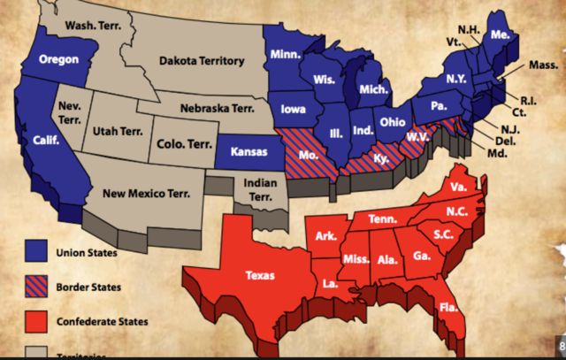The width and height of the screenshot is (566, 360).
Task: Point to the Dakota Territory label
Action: (x=203, y=61)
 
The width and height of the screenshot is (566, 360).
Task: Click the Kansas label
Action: (x=249, y=152)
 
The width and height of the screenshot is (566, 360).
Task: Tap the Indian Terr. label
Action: (x=258, y=188)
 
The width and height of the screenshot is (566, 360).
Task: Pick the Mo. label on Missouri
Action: (x=310, y=152)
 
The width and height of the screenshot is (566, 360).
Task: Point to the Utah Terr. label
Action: (x=119, y=132)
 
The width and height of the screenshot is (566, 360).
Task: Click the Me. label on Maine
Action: (x=500, y=34)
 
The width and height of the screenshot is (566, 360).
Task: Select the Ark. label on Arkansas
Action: (x=325, y=236)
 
